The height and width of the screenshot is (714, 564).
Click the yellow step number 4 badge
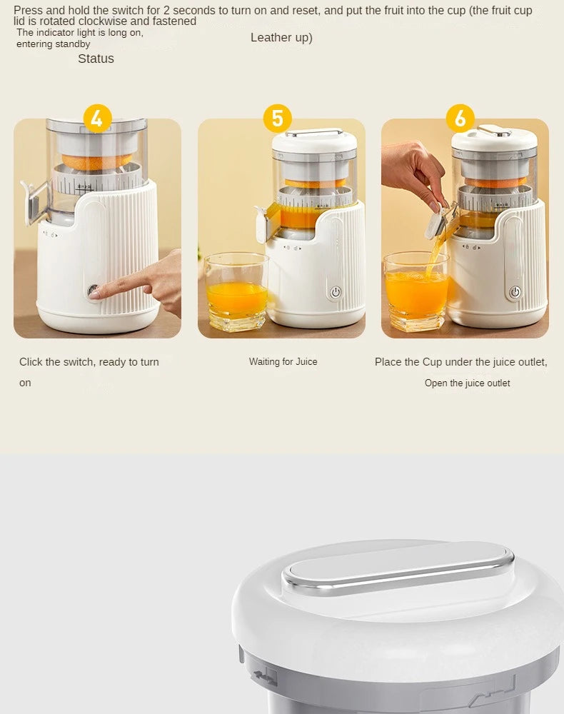[97, 119]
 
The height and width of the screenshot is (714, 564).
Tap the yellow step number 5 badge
[277, 119]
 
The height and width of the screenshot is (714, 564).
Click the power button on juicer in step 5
[336, 292]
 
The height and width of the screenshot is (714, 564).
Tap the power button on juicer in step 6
[515, 292]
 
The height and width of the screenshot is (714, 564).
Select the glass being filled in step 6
[416, 293]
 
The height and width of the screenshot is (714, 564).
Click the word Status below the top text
[96, 59]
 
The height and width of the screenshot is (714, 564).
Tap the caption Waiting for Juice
[283, 362]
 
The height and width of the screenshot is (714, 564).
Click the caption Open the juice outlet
[467, 383]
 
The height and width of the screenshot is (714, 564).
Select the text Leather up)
[281, 38]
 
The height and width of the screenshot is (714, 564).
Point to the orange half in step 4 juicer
[96, 161]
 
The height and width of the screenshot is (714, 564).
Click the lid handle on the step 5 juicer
[314, 132]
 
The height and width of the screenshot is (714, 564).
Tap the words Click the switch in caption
[56, 362]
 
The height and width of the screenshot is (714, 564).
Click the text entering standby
[54, 44]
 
